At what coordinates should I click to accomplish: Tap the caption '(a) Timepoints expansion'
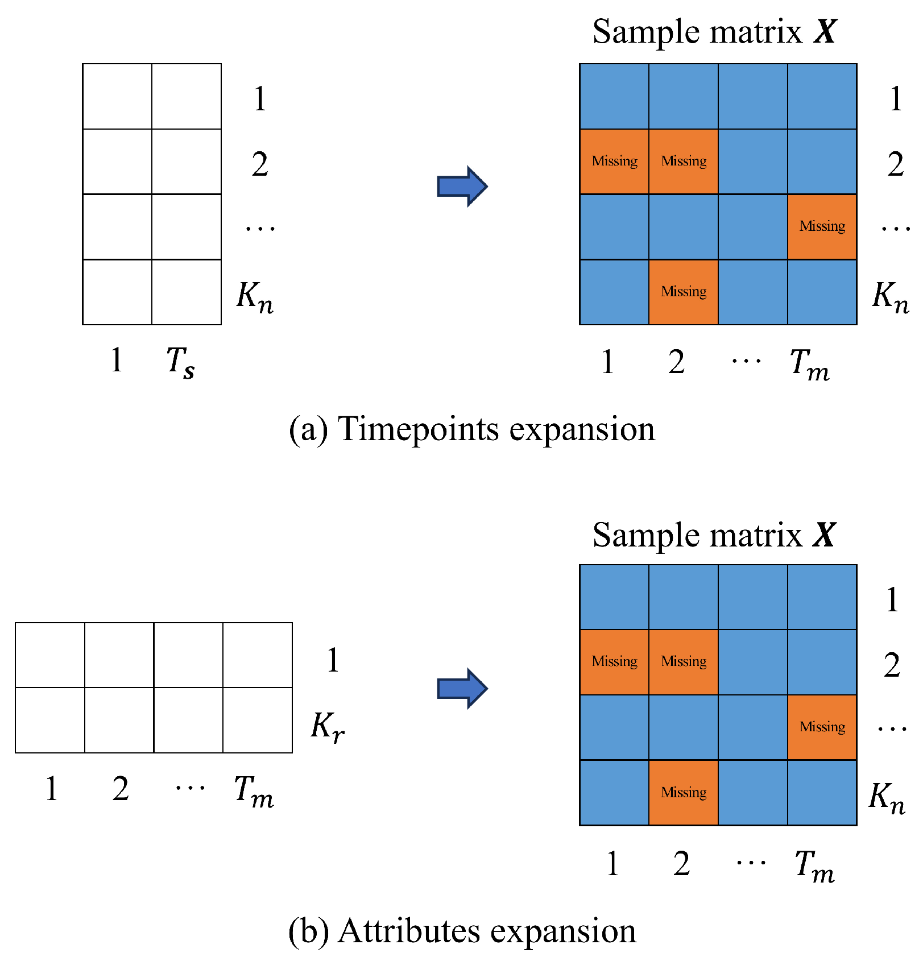(471, 429)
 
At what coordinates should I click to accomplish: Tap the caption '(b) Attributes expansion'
(462, 931)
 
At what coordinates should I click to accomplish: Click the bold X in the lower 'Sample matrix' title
(825, 535)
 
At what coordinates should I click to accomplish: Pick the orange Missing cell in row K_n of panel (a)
(684, 292)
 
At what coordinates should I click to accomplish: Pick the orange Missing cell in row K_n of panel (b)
(684, 792)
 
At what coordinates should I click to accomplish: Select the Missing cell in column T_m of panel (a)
(822, 226)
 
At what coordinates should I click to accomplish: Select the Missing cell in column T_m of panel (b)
(822, 727)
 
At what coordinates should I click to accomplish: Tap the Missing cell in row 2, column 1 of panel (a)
(614, 161)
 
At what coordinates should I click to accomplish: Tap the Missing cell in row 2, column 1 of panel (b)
(614, 661)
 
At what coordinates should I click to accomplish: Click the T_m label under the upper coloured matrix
(810, 364)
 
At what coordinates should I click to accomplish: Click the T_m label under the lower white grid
(254, 791)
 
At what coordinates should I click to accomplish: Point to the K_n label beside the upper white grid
(255, 297)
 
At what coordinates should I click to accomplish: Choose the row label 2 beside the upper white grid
(260, 164)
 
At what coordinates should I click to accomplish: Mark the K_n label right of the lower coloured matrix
(887, 797)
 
